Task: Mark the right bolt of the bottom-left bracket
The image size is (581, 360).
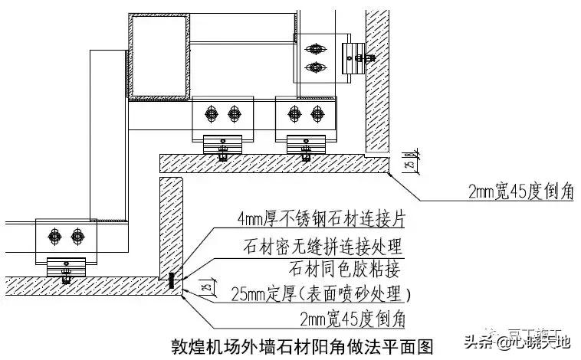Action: coord(77,233)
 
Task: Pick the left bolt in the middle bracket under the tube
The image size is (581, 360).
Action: coord(211,113)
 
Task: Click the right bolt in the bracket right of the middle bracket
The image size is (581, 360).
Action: coord(315,113)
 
